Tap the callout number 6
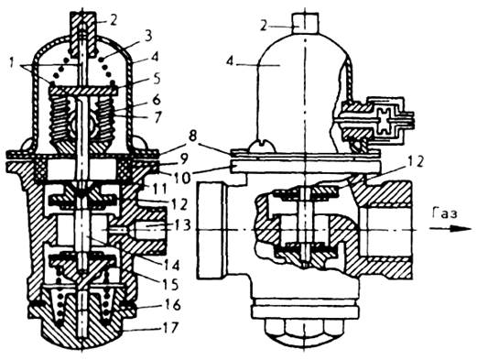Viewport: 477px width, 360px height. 157,99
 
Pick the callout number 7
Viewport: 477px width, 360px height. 157,117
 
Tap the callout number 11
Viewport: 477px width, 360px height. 158,189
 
